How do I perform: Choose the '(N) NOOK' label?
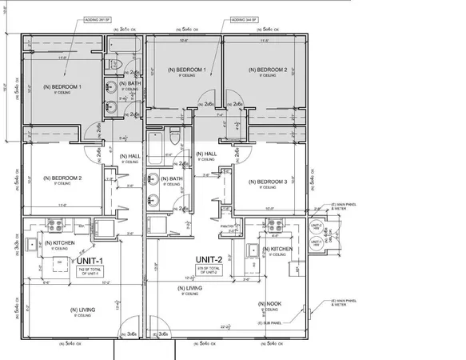pyautogui.click(x=267, y=304)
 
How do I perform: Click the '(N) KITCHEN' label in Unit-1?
pyautogui.click(x=60, y=243)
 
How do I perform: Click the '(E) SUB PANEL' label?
pyautogui.click(x=267, y=323)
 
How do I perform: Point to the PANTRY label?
pyautogui.click(x=226, y=227)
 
